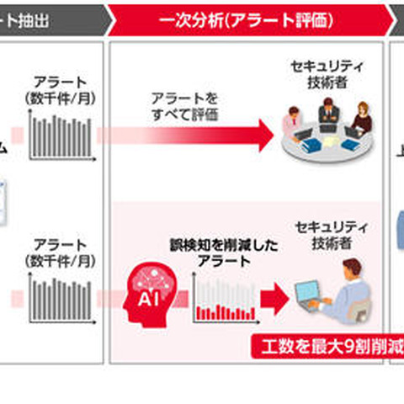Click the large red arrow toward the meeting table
[202, 134]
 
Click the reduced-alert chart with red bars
[223, 300]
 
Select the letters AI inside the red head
[145, 300]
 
